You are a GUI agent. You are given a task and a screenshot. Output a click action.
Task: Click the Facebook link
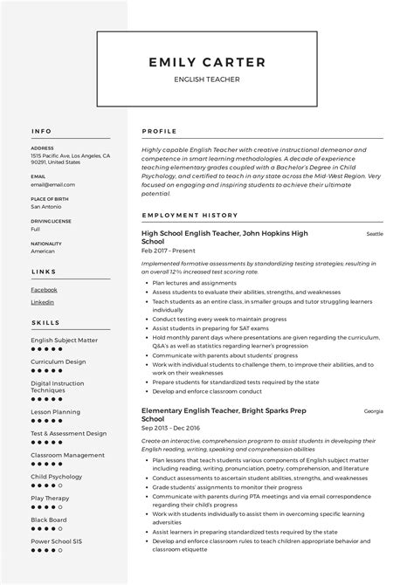(x=44, y=289)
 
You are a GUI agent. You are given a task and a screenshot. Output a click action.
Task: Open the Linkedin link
(x=42, y=302)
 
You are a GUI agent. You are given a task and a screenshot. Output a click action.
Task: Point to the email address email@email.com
(x=52, y=185)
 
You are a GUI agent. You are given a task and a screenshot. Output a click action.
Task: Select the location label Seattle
(x=375, y=234)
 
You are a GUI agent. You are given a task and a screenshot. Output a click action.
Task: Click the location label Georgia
(x=373, y=410)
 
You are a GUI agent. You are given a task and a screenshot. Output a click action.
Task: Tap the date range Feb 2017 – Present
(x=168, y=251)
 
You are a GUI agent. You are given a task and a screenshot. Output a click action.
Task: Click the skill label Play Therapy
(x=50, y=498)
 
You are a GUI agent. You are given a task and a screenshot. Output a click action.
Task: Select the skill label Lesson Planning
(x=55, y=411)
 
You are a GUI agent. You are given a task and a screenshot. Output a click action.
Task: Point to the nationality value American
(x=43, y=251)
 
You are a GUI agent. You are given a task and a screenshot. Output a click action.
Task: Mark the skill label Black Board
(x=49, y=520)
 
